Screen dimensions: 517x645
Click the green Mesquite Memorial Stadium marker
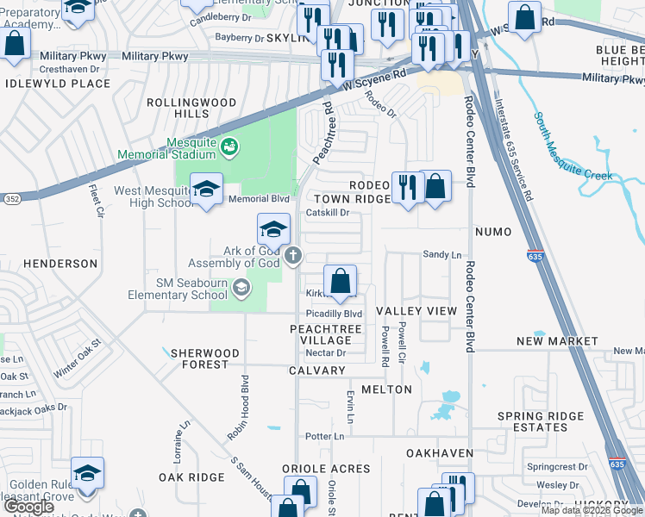[x=229, y=147]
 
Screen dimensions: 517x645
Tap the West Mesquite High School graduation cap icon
[x=206, y=190]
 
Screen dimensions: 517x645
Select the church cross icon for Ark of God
[x=293, y=254]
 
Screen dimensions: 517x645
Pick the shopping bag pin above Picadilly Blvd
[x=341, y=281]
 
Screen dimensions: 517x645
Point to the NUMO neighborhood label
[x=492, y=232]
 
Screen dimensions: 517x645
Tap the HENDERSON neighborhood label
[x=49, y=263]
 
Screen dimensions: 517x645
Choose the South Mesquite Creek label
[x=571, y=147]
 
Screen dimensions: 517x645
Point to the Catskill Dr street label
[x=328, y=212]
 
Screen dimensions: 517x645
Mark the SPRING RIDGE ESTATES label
[x=541, y=422]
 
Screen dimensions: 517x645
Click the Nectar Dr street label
[x=326, y=352]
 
